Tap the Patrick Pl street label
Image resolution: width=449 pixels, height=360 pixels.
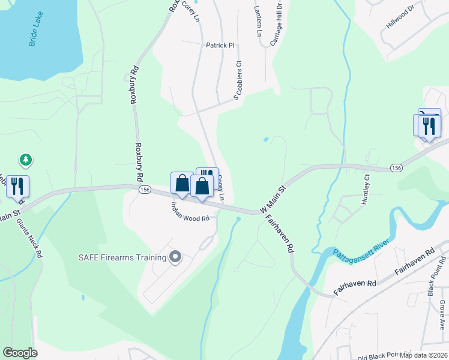coord(219,45)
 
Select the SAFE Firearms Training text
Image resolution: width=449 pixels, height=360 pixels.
coord(122,258)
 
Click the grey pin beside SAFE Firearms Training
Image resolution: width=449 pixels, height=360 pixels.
coord(175,257)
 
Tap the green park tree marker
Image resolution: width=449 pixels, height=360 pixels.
coord(25,160)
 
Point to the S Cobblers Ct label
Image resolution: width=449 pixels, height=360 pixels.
coord(238,81)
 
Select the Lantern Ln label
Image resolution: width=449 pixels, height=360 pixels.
coord(258,22)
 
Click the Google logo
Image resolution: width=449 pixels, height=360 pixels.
coord(20,353)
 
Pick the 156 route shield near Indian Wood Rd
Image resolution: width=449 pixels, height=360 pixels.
coord(144,189)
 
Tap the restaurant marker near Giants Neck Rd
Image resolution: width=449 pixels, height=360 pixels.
coord(17,186)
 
